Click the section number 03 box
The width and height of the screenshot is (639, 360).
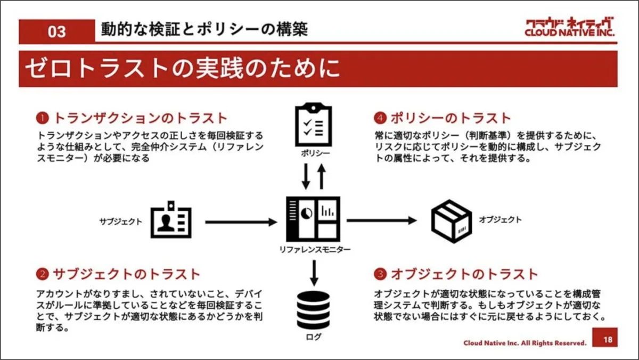57,31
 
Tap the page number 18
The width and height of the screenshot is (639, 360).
608,340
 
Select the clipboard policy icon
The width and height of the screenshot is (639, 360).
313,124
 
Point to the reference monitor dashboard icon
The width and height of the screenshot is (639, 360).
313,218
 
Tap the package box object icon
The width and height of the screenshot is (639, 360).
450,220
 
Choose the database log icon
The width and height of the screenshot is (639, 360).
314,310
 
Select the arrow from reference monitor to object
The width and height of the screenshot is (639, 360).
381,219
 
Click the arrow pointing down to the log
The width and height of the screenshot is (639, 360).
314,272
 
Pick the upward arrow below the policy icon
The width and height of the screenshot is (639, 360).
321,176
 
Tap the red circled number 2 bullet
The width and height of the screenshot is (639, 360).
42,275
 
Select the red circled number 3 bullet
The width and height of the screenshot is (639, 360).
380,275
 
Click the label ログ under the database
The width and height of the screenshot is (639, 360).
314,337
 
